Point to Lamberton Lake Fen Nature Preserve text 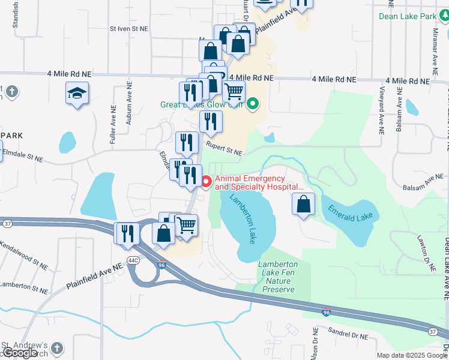point(277,277)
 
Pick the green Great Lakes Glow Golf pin point(253,104)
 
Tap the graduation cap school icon point(77,94)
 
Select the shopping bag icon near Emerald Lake point(304,204)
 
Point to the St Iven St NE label point(128,28)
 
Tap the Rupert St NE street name point(224,148)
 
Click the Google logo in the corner point(20,353)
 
